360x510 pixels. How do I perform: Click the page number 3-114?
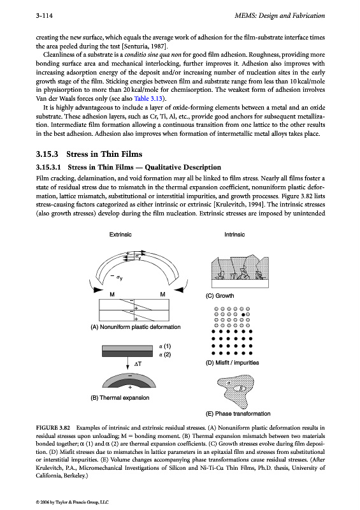pyautogui.click(x=44, y=15)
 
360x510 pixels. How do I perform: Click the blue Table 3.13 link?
pyautogui.click(x=148, y=99)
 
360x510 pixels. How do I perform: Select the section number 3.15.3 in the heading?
pyautogui.click(x=47, y=154)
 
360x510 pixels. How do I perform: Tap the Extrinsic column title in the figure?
pyautogui.click(x=120, y=235)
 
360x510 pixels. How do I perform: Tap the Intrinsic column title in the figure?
pyautogui.click(x=234, y=235)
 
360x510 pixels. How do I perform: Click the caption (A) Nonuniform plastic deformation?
pyautogui.click(x=136, y=327)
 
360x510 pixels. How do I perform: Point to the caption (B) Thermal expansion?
pyautogui.click(x=120, y=398)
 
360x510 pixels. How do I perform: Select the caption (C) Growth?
pyautogui.click(x=220, y=296)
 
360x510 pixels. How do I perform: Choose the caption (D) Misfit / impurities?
pyautogui.click(x=232, y=363)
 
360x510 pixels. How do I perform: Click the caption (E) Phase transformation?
pyautogui.click(x=238, y=414)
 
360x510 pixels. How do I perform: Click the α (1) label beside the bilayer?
pyautogui.click(x=165, y=346)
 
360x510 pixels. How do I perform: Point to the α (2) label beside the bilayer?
pyautogui.click(x=165, y=354)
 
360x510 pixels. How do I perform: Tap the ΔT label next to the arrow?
pyautogui.click(x=138, y=364)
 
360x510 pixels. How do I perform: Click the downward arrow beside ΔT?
pyautogui.click(x=128, y=363)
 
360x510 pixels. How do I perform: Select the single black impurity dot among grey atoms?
pyautogui.click(x=243, y=314)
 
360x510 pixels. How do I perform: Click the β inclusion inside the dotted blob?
pyautogui.click(x=241, y=388)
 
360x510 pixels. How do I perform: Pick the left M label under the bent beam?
pyautogui.click(x=112, y=295)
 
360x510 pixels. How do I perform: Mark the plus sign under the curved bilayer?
pyautogui.click(x=130, y=388)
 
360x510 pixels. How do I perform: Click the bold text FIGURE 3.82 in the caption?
pyautogui.click(x=53, y=428)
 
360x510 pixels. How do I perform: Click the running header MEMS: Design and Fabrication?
pyautogui.click(x=280, y=15)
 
